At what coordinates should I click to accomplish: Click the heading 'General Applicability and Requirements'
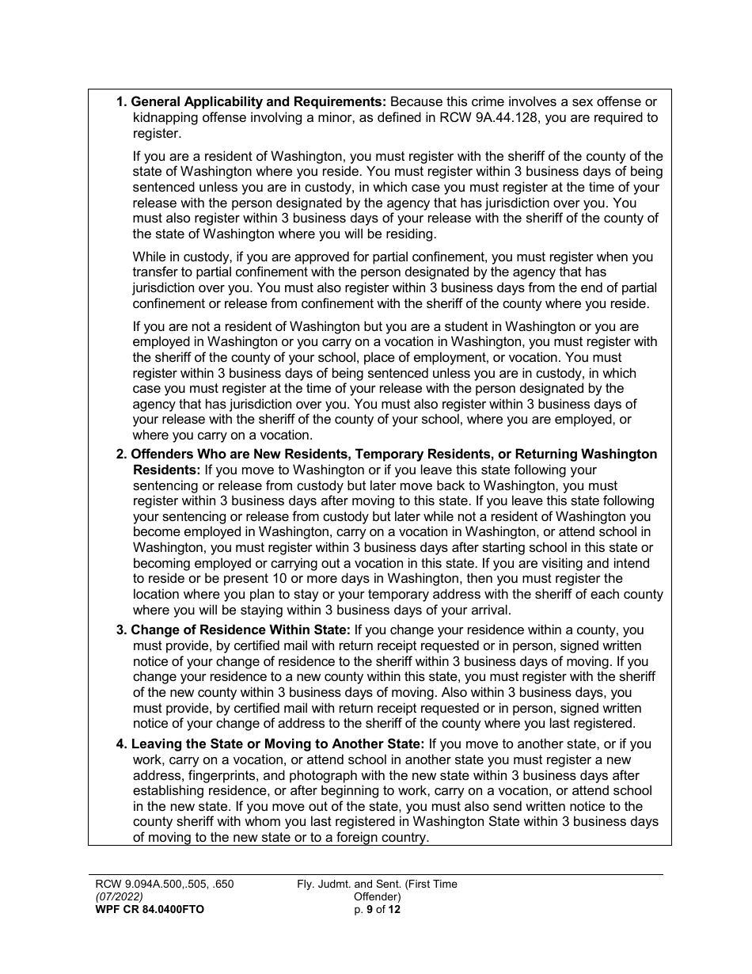point(258,102)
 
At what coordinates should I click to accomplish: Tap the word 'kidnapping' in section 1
point(164,118)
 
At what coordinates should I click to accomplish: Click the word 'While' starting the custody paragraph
point(150,257)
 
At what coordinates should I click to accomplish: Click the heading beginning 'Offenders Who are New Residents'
point(393,454)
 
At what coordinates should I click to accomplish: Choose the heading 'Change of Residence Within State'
point(240,630)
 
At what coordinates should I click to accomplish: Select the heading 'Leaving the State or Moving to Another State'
point(278,744)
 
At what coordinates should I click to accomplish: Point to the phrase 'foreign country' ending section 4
point(380,838)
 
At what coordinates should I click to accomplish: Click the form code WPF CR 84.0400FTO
point(149,909)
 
